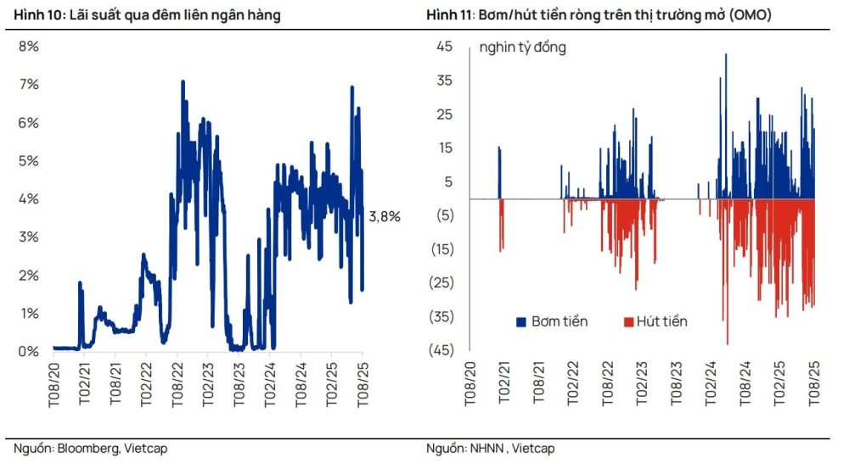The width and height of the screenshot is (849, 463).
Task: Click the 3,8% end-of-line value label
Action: click(x=384, y=216)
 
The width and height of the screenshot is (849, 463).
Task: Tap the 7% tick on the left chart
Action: click(x=29, y=85)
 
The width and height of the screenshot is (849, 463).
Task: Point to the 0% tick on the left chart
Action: click(x=29, y=351)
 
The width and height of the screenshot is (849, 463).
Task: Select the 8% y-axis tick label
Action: click(x=29, y=47)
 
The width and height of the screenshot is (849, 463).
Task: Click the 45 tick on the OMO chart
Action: click(x=445, y=47)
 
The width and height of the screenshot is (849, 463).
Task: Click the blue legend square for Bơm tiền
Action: click(x=521, y=322)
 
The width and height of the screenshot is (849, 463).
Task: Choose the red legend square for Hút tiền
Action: click(x=629, y=322)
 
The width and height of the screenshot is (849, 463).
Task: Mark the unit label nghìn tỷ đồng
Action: click(x=522, y=47)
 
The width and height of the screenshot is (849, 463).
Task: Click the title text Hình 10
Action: click(x=38, y=15)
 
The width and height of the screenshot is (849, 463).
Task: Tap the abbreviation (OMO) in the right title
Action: click(x=750, y=15)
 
